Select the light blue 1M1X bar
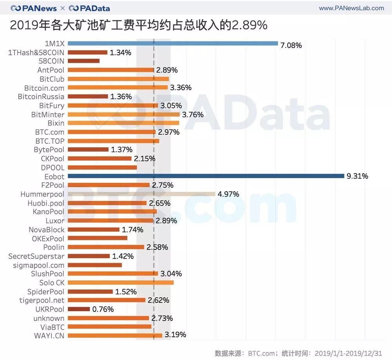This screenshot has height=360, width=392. click(172, 43)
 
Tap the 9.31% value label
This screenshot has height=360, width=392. click(357, 176)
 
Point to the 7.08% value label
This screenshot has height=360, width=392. click(291, 45)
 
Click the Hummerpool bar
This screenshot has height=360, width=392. click(141, 194)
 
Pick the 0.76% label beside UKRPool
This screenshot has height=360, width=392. click(103, 309)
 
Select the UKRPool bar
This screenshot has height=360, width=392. click(78, 309)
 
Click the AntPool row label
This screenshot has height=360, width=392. click(51, 70)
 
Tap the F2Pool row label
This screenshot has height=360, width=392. click(53, 185)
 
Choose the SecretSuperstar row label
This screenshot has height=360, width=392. click(36, 256)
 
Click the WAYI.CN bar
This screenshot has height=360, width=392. click(115, 335)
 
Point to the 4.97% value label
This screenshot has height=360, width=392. click(228, 194)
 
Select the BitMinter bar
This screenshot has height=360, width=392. click(123, 114)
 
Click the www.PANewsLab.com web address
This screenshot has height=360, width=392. click(352, 8)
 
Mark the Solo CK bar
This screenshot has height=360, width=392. click(120, 282)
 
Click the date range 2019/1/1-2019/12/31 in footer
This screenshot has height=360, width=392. click(348, 353)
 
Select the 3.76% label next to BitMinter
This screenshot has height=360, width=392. click(192, 114)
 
